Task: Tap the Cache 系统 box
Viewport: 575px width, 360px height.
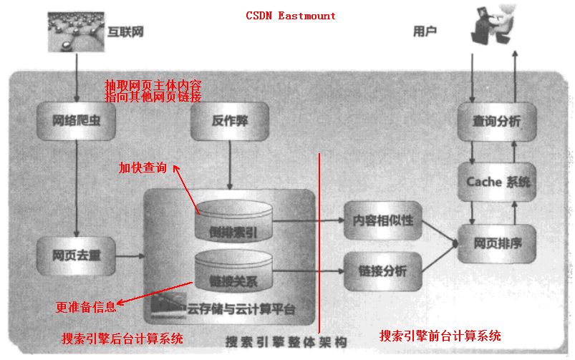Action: (x=498, y=183)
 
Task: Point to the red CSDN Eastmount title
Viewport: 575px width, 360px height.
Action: (x=290, y=15)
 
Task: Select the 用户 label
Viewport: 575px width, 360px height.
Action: (x=425, y=31)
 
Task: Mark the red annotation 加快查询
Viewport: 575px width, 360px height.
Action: (x=142, y=168)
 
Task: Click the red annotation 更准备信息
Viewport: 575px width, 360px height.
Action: (x=85, y=308)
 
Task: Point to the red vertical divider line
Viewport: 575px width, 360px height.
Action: (x=319, y=243)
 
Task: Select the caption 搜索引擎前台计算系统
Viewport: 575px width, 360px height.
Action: (x=440, y=336)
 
